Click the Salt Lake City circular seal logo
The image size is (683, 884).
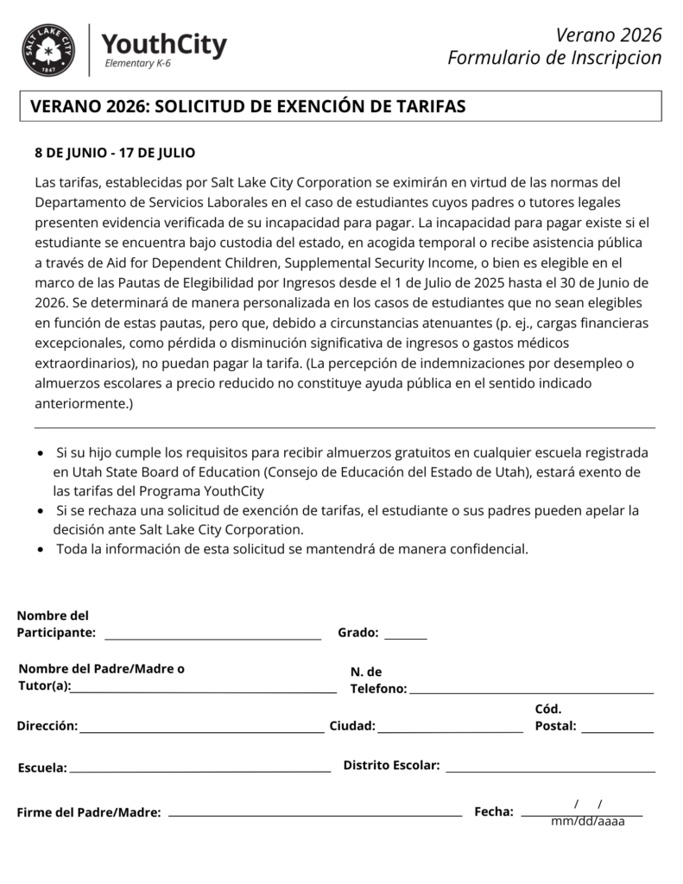point(49,50)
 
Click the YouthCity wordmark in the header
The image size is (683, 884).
point(164,44)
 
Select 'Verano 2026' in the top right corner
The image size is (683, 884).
point(609,35)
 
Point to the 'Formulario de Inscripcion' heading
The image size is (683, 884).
point(554,58)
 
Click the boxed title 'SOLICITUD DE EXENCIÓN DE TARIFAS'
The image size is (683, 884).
point(248,106)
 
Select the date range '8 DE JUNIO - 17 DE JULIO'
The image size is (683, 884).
point(115,153)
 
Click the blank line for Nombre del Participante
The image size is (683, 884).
point(212,638)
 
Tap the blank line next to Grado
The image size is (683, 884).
point(405,638)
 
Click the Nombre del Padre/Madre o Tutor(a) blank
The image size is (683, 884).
point(205,691)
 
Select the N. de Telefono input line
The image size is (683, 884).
point(531,691)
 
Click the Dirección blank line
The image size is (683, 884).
point(202,731)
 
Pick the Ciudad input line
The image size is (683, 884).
point(450,731)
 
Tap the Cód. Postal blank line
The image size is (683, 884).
point(617,731)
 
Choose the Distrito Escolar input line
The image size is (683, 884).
point(550,770)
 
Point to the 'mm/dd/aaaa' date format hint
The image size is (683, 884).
point(588,821)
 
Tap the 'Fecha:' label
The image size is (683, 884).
point(494,811)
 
